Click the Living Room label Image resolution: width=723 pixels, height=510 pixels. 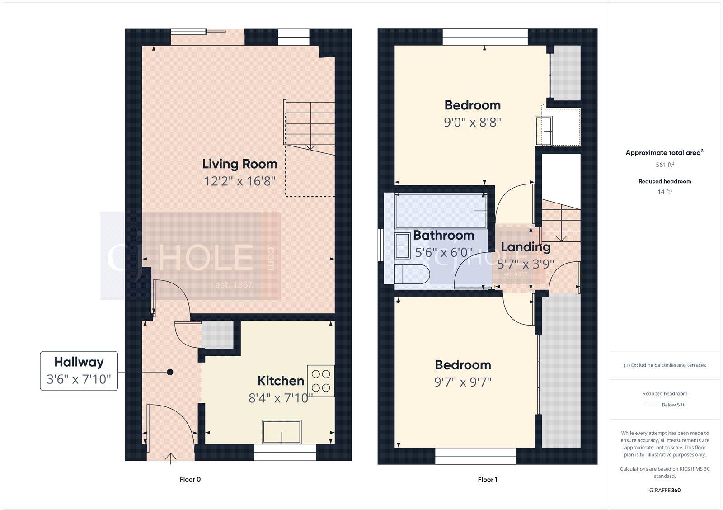pyautogui.click(x=239, y=164)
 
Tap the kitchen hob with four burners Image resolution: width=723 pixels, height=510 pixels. pyautogui.click(x=320, y=381)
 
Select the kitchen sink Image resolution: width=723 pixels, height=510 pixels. pyautogui.click(x=282, y=432)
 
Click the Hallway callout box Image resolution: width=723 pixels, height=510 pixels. pyautogui.click(x=79, y=371)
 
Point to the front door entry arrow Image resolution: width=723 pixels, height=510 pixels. pyautogui.click(x=170, y=458)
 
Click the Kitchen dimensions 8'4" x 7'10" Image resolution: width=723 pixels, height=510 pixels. pyautogui.click(x=281, y=398)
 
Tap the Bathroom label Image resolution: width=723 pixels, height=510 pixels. pyautogui.click(x=443, y=235)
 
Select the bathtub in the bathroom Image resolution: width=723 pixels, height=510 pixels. pyautogui.click(x=441, y=211)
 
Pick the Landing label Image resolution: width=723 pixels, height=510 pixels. pyautogui.click(x=526, y=247)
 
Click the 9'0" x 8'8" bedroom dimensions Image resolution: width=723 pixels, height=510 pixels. pyautogui.click(x=472, y=122)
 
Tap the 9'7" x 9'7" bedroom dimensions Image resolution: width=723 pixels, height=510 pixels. pyautogui.click(x=463, y=382)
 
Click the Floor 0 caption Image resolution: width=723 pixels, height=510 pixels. pyautogui.click(x=190, y=479)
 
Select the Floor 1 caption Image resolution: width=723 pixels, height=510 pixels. pyautogui.click(x=487, y=479)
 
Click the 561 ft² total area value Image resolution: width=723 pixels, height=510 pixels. pyautogui.click(x=664, y=165)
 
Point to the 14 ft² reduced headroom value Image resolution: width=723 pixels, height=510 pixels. pyautogui.click(x=664, y=192)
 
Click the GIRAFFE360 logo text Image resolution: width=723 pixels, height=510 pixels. pyautogui.click(x=664, y=490)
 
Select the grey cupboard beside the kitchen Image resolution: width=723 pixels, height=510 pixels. pyautogui.click(x=217, y=335)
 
